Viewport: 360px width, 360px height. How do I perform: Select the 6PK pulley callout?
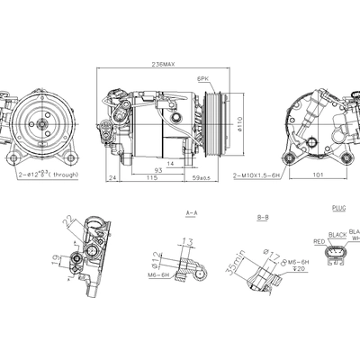(203, 79)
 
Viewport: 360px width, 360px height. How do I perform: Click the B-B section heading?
(263, 217)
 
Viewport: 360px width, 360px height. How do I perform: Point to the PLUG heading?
(338, 208)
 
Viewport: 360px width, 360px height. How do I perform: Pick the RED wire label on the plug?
(319, 241)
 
